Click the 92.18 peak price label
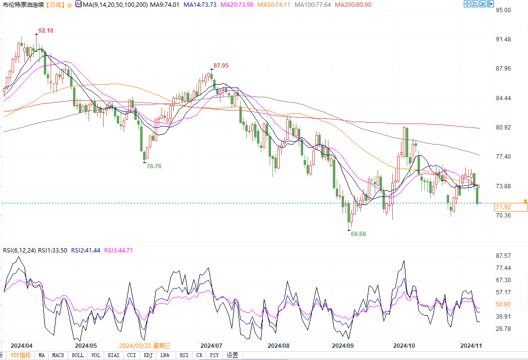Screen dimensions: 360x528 pos(46,31)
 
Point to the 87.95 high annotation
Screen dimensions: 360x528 pos(221,65)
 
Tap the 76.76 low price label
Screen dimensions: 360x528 pos(154,166)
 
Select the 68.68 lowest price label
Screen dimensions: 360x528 pos(358,234)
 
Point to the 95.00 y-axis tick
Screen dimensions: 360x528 pos(503,10)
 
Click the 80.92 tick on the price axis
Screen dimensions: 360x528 pos(503,127)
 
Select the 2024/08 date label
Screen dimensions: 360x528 pos(279,345)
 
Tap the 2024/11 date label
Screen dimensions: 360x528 pos(471,345)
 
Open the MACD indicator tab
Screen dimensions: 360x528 pos(58,355)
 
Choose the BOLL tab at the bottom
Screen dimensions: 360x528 pos(77,355)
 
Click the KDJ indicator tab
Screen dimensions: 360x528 pos(147,355)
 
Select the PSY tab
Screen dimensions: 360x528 pos(214,355)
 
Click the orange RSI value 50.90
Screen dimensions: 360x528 pos(503,305)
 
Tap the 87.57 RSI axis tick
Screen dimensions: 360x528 pos(503,256)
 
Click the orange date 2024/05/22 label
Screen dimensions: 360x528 pos(145,345)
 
